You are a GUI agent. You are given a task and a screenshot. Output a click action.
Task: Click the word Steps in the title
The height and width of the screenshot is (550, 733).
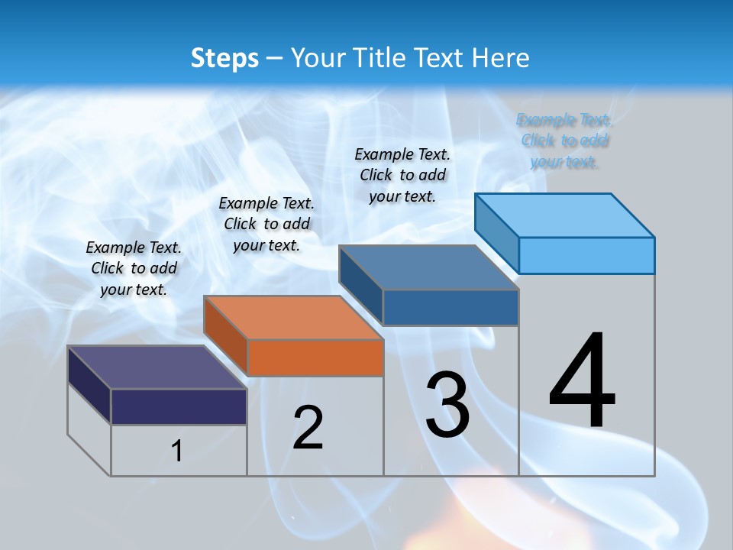(224, 58)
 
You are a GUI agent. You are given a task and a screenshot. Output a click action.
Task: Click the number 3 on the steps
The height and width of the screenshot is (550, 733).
(447, 404)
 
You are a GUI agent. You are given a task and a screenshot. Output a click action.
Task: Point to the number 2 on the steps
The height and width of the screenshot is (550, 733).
(308, 428)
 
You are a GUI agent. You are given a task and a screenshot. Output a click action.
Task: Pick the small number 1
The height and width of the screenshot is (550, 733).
(177, 451)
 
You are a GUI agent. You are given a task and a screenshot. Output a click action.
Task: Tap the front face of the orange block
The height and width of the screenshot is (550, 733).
(315, 357)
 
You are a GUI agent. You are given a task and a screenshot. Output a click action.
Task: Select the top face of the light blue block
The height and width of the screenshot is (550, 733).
(565, 215)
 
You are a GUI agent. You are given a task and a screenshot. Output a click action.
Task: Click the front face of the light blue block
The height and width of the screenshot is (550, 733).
(586, 255)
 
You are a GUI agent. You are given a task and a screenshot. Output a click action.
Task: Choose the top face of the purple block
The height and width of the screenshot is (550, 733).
(157, 367)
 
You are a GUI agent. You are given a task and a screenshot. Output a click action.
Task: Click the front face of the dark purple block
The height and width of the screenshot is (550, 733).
(179, 406)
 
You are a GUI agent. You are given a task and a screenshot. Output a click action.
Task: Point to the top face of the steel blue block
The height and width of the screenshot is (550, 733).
(429, 267)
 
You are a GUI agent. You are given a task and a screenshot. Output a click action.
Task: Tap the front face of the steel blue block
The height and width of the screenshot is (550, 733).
(450, 307)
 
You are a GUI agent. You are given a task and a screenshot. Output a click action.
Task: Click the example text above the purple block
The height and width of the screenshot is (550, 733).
(134, 268)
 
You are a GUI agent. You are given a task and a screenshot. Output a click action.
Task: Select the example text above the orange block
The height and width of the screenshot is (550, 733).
(266, 224)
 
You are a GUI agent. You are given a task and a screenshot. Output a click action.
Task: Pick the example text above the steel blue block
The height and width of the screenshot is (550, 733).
(402, 175)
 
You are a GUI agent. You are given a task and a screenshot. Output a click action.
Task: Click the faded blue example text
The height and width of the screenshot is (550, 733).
(564, 141)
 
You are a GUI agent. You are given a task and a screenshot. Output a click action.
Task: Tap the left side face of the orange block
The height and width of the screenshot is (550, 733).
(226, 336)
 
